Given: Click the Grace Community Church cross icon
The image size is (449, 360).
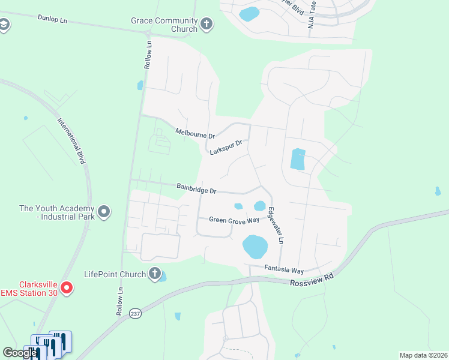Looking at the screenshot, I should pos(206,25).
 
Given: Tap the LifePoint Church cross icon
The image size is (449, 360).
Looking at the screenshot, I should pos(154,274).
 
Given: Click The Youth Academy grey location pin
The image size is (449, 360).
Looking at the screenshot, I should pos(104,212).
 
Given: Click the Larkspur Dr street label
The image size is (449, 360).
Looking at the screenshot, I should pos(226,148).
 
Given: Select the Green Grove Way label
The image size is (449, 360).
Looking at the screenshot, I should pos(234,220).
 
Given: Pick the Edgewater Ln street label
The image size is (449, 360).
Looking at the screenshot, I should pos(275,225).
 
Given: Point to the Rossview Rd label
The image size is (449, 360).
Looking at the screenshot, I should pos(311,283).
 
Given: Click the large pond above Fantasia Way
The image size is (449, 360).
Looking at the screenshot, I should pos(255,245).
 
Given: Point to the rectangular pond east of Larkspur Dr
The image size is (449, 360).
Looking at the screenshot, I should pos(298,159).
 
